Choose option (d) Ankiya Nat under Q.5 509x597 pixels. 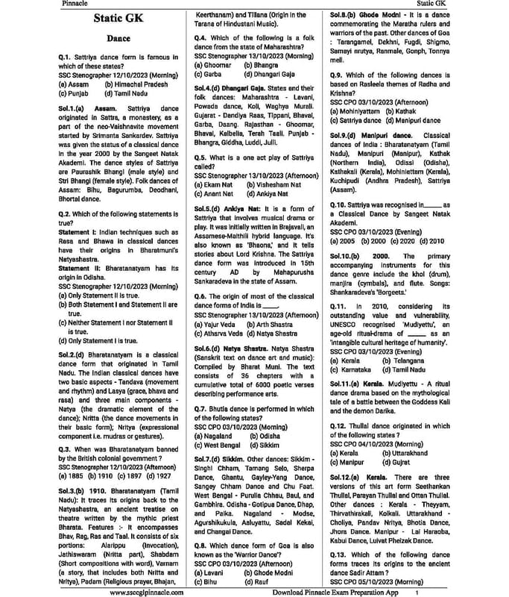[267, 193]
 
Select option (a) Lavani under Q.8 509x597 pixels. [211, 571]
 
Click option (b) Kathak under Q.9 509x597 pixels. [403, 110]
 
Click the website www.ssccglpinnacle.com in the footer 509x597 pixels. [154, 591]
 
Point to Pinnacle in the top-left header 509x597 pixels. [78, 4]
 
